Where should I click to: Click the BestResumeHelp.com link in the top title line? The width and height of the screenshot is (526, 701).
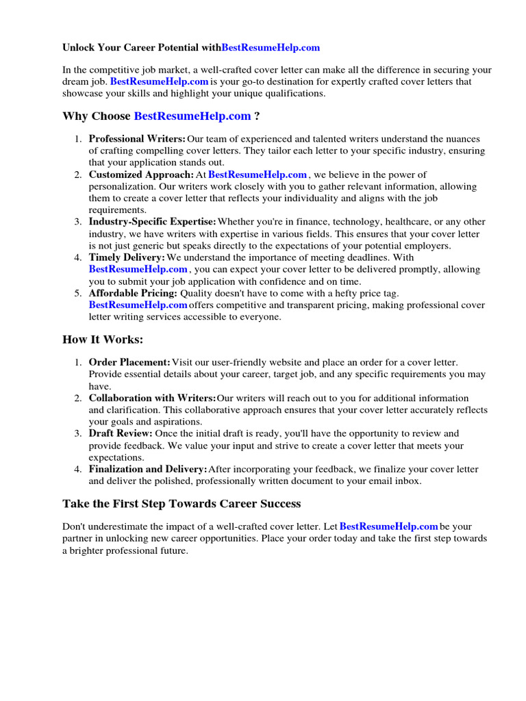coord(271,48)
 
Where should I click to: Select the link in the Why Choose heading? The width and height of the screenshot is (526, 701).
coord(192,116)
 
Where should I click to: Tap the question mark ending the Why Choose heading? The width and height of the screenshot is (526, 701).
coord(257,116)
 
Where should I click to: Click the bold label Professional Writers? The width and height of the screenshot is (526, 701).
coord(137,139)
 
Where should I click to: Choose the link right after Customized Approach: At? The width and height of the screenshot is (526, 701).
coord(257,175)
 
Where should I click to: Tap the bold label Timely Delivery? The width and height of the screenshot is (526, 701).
coord(127,257)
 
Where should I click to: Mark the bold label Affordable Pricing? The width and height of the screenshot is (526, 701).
coord(133,293)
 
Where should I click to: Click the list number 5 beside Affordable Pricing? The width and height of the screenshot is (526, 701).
coord(78,293)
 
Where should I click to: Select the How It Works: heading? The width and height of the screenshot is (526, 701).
coord(103,340)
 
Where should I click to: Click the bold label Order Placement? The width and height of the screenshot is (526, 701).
coord(129,362)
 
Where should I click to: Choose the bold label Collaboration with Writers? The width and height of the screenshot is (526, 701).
coord(152,398)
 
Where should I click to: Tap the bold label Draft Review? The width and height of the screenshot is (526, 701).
coord(121,433)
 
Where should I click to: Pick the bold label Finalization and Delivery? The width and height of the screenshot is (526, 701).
coord(148,470)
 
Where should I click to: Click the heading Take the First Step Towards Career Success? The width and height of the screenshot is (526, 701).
coord(181,504)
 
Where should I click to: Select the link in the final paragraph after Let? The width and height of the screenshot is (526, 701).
coord(388,526)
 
